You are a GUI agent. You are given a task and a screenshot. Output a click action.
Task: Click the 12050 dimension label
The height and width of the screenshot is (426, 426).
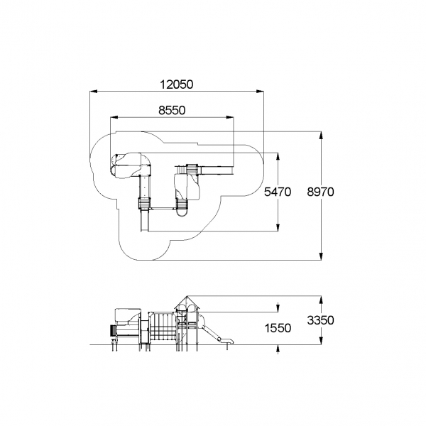click(177, 84)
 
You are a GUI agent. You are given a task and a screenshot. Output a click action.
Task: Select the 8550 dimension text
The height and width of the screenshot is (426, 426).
click(172, 110)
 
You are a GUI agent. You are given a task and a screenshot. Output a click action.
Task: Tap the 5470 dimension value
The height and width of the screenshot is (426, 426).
click(278, 192)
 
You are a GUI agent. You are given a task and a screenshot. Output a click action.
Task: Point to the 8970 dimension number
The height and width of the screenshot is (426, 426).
click(320, 192)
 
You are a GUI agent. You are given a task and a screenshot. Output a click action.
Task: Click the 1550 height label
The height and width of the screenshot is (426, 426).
click(278, 328)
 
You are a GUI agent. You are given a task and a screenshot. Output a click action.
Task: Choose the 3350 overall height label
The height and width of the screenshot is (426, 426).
click(321, 320)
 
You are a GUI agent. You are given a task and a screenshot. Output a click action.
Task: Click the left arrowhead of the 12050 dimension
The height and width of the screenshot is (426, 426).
click(94, 92)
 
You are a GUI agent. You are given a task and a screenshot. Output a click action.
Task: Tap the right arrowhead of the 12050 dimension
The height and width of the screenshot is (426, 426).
click(260, 92)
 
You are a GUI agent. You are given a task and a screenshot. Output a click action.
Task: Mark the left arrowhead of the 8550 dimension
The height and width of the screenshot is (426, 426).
click(114, 117)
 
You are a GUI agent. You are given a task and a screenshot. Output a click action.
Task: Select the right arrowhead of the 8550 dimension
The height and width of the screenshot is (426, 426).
click(230, 117)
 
